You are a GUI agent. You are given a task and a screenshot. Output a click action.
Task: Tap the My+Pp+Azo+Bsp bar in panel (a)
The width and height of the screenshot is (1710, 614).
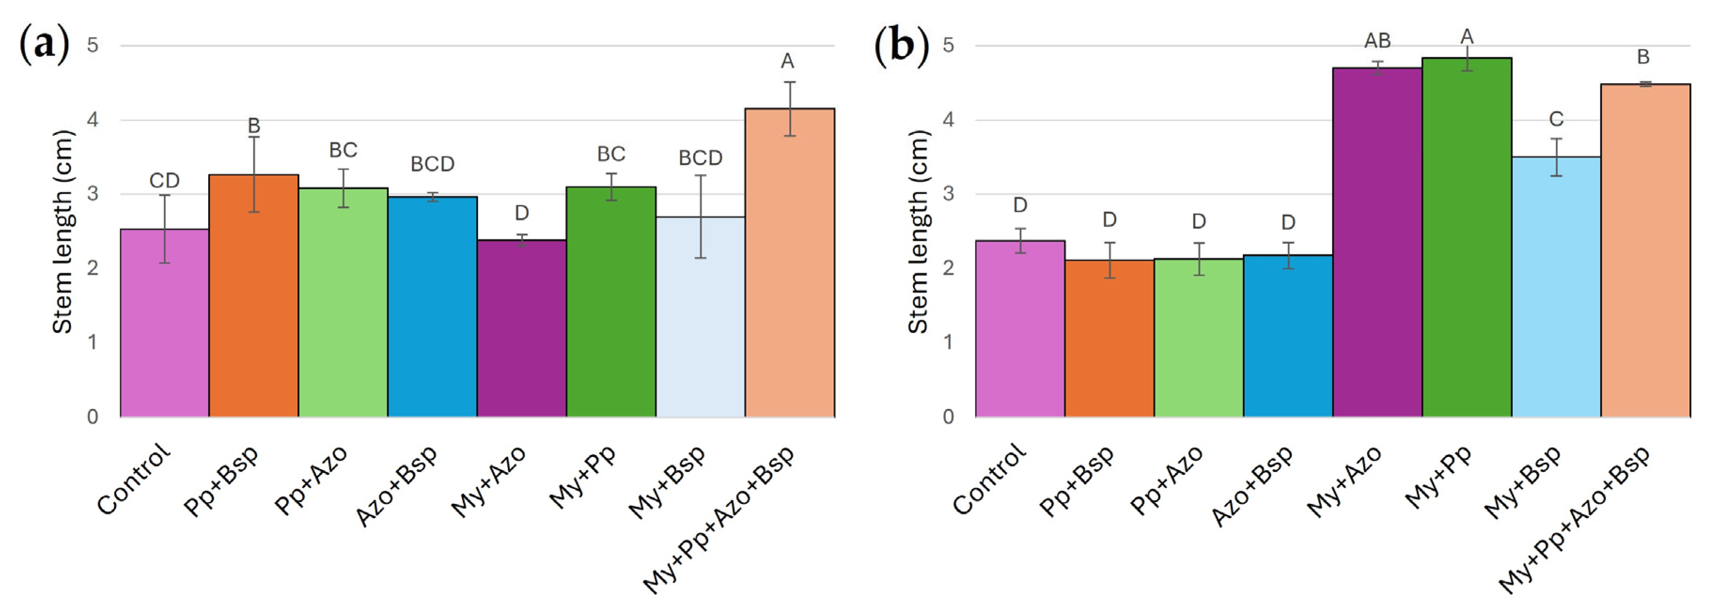pos(789,262)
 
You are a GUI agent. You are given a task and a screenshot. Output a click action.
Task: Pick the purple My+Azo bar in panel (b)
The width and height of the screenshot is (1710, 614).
pos(1377,242)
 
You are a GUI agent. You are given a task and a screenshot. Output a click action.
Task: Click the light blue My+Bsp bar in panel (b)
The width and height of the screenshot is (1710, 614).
pos(1556,287)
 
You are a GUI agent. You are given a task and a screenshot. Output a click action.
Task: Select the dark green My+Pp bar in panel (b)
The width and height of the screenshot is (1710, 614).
pos(1467,237)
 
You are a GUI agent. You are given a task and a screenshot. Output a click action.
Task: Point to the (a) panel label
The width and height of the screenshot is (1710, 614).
pos(45,45)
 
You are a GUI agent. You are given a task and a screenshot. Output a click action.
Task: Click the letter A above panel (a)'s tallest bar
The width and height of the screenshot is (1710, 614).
pos(787,61)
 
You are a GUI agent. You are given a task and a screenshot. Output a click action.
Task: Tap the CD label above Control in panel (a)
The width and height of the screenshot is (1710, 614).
pos(164,181)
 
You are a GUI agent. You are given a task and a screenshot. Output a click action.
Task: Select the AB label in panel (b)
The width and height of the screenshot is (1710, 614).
pos(1377,41)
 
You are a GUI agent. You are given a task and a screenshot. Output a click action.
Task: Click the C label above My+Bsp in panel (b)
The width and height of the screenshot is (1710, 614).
pos(1556,119)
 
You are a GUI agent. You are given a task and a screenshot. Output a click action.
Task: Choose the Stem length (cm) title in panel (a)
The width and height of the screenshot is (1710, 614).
pos(62,232)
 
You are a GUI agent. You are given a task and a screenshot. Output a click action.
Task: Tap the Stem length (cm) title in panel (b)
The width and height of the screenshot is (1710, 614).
pos(918,232)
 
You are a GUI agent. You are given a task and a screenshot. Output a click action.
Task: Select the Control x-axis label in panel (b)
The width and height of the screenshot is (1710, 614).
pos(989,479)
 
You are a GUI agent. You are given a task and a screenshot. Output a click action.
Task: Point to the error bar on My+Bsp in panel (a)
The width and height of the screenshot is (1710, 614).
pos(700,216)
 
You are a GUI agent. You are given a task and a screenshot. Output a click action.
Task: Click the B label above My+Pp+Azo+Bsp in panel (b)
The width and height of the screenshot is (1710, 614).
pos(1644,57)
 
